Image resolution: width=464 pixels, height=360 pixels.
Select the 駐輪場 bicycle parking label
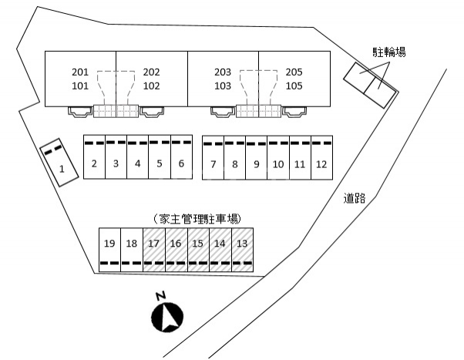[389, 52]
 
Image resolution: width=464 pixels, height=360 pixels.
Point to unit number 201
[80, 72]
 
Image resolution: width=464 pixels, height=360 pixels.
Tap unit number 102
[152, 86]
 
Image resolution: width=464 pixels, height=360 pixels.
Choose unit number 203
[223, 72]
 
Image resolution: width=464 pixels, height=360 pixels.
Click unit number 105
[294, 86]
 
